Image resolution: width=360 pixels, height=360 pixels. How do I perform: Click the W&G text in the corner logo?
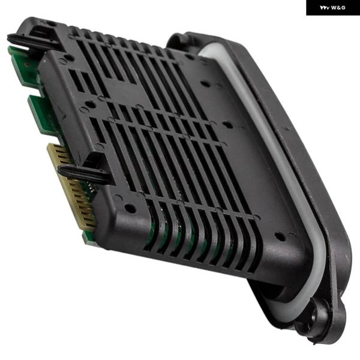pyautogui.click(x=338, y=8)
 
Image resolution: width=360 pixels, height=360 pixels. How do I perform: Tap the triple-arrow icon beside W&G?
pyautogui.click(x=325, y=8)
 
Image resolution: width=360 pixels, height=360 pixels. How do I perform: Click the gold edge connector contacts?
pyautogui.click(x=71, y=187)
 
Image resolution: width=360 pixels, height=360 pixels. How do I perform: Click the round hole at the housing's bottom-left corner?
pyautogui.click(x=130, y=208)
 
